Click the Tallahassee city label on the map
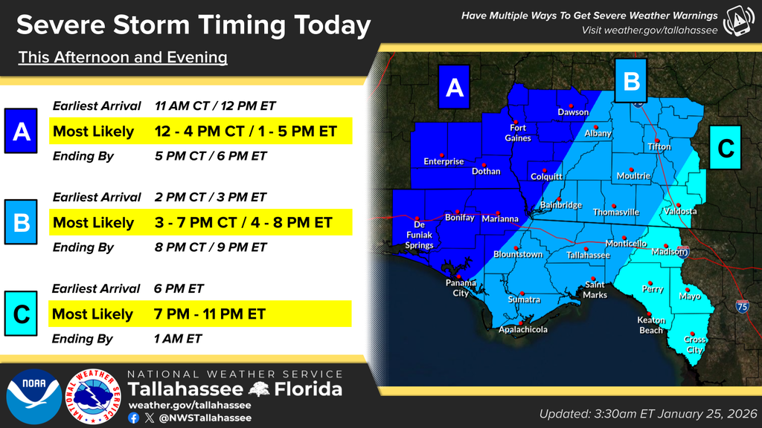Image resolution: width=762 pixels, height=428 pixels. (588, 255)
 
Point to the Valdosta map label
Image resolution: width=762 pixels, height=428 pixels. (680, 211)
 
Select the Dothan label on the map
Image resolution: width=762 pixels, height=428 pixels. (486, 171)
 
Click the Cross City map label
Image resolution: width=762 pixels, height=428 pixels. (695, 344)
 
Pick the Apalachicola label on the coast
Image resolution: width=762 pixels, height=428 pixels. (522, 329)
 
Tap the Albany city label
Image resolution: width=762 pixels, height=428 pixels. (598, 133)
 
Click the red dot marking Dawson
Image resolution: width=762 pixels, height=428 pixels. (571, 105)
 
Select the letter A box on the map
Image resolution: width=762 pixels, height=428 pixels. (455, 88)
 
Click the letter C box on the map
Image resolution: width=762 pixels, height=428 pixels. (726, 149)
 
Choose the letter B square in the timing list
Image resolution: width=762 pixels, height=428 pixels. (22, 222)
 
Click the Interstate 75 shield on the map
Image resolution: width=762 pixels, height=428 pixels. (741, 305)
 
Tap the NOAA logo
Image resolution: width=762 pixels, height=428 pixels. (34, 397)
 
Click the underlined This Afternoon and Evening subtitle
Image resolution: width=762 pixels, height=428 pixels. (123, 57)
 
